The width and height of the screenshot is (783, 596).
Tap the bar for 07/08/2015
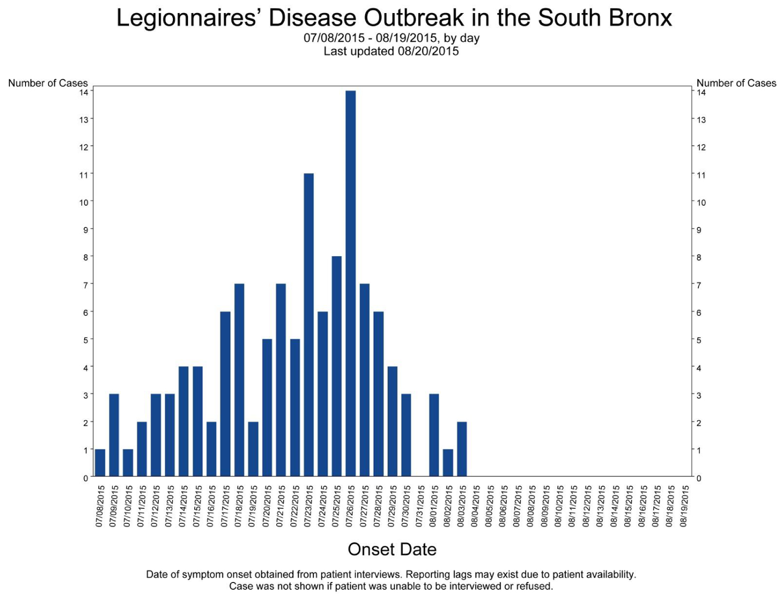pos(100,463)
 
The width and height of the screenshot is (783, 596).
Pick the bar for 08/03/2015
pos(461,449)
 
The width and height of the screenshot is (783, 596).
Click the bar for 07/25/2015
pos(337,366)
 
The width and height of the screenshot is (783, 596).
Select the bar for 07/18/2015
pos(239,380)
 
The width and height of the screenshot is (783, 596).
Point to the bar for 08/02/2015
pos(448,463)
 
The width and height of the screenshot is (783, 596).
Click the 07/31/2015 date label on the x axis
pos(420,506)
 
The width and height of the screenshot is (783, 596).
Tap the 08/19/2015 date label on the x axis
pos(684,506)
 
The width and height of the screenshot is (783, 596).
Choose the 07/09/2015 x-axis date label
pos(114,506)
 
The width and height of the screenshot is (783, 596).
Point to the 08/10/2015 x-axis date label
pos(559,506)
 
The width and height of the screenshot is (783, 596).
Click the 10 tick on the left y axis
pos(84,202)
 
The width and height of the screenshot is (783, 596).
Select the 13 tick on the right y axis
pos(701,120)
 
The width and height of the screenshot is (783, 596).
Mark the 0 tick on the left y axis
pos(86,478)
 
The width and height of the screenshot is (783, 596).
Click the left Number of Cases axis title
pos(48,83)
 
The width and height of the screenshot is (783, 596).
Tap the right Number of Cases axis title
pos(736,83)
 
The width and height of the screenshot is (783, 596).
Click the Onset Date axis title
pos(392,549)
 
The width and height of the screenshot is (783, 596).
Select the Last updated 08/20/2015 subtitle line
pos(391,51)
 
